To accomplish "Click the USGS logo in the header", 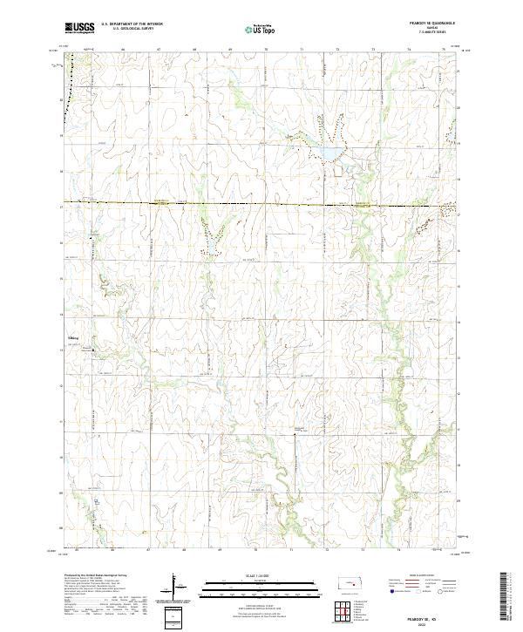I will coord(79,28).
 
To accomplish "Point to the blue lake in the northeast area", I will coord(329,154).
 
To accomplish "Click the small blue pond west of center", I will coord(210,250).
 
